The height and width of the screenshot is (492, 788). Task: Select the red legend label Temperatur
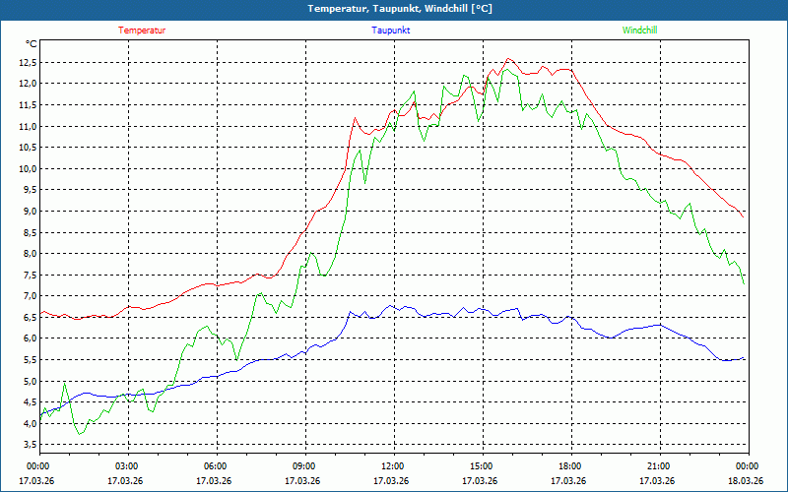tap(142, 31)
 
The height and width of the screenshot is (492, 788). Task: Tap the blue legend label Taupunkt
tap(391, 31)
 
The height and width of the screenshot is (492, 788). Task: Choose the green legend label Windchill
tap(639, 31)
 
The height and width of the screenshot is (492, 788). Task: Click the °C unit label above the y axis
tap(32, 44)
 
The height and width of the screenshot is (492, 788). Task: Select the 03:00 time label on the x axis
tap(127, 466)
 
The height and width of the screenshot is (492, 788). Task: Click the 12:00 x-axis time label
tap(393, 466)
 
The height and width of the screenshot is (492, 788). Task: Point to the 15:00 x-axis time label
tap(482, 466)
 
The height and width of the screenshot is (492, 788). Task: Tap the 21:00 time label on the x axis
tap(659, 466)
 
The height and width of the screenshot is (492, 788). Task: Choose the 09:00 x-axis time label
tap(304, 466)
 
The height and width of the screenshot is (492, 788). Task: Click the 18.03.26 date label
tap(745, 481)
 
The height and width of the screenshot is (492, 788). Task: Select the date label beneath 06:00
tap(214, 481)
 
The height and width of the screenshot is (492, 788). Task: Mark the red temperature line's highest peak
tap(508, 59)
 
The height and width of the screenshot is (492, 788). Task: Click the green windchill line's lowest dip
tap(81, 434)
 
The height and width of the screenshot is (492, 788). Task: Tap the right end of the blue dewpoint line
tap(744, 359)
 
